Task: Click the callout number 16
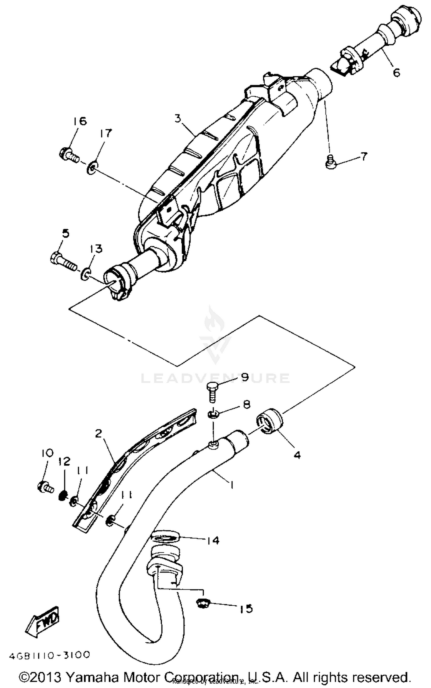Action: (x=79, y=121)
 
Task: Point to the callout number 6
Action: (x=396, y=73)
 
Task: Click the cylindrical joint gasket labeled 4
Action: (x=270, y=421)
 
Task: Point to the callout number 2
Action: (x=99, y=434)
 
